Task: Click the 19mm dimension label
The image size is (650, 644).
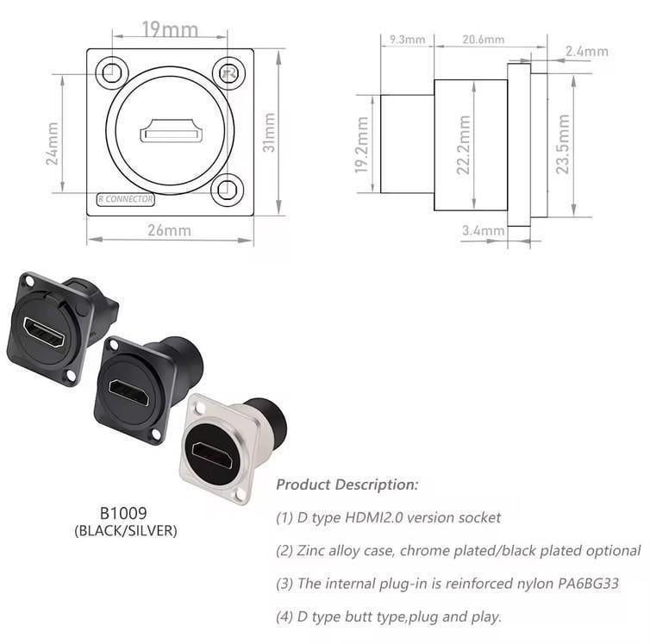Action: pos(169,30)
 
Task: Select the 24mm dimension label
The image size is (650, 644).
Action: pos(53,143)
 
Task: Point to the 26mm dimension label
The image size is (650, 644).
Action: pos(169,230)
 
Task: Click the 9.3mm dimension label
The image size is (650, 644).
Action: pos(407,40)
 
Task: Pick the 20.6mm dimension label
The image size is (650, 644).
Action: pos(483,40)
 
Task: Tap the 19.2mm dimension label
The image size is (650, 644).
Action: pos(363,144)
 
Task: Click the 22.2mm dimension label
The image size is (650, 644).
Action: pos(465,146)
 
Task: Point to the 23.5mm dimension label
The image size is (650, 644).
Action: pos(563,144)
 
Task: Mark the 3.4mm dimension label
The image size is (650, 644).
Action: pos(483,230)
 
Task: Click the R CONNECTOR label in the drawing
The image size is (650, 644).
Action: pos(126,199)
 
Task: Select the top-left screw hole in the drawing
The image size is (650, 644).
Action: pos(110,73)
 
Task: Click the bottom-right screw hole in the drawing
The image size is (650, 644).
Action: pos(228,187)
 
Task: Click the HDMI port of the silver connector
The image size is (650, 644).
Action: pos(211,454)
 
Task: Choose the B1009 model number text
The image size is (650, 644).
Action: pos(126,513)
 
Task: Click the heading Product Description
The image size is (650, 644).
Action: pos(347,485)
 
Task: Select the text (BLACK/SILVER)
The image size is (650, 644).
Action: pos(126,531)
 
